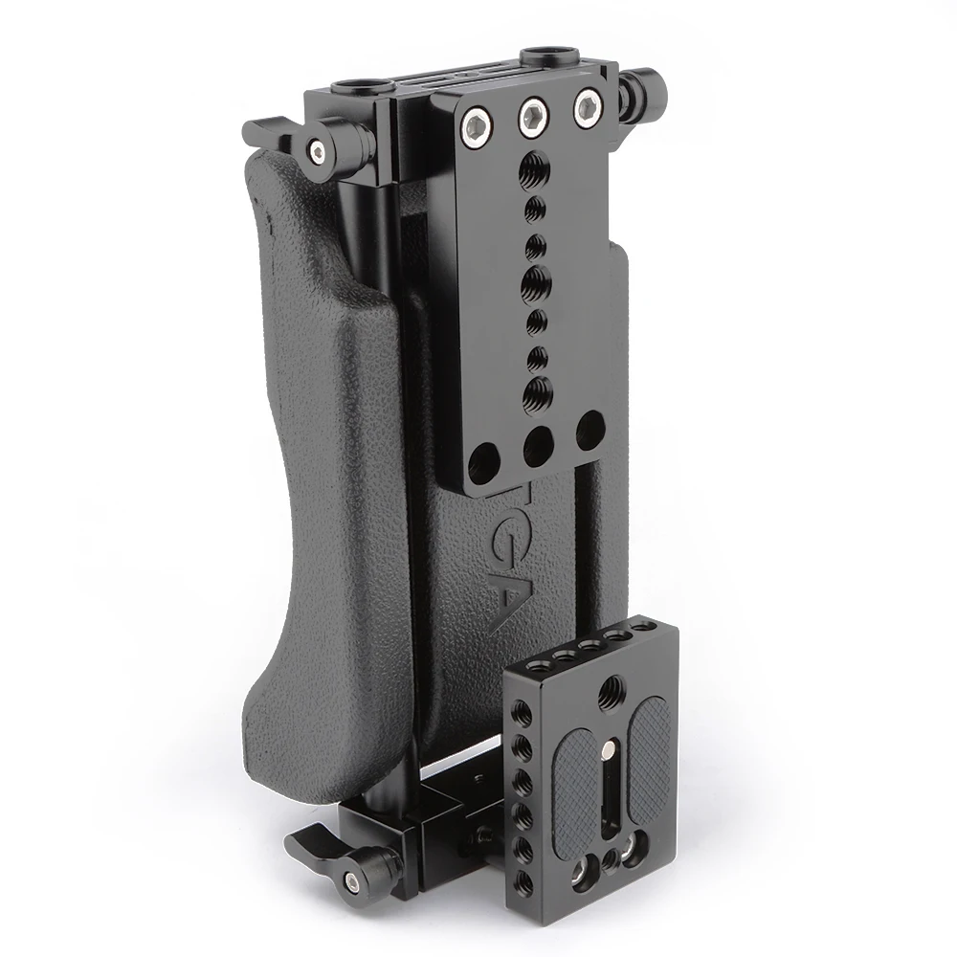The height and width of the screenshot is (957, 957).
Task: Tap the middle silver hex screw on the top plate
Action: (530, 117)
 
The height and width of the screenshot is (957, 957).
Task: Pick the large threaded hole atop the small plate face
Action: (607, 685)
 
